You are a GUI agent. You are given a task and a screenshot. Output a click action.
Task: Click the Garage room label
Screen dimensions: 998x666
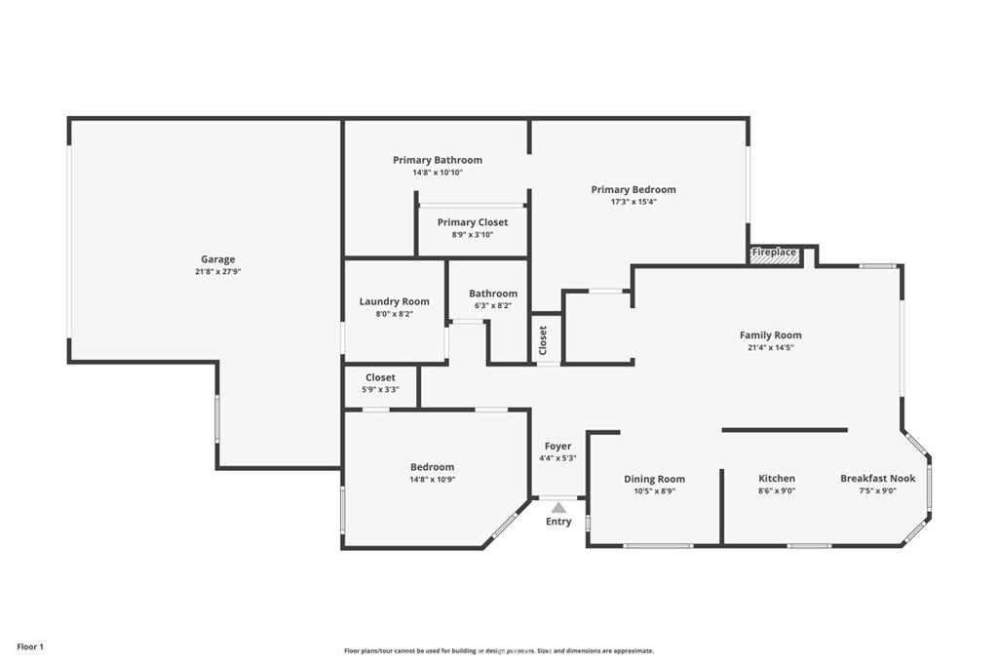217,259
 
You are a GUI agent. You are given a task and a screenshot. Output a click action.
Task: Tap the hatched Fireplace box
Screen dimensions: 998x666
774,253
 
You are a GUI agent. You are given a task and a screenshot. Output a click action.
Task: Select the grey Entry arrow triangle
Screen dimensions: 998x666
558,507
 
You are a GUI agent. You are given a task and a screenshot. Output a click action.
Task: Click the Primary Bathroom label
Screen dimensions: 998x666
438,160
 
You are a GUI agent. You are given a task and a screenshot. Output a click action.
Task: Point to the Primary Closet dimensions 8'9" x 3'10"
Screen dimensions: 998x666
473,234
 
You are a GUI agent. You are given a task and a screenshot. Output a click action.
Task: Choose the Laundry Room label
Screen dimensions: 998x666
394,302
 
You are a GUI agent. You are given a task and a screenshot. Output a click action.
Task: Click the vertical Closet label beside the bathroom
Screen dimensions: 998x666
543,340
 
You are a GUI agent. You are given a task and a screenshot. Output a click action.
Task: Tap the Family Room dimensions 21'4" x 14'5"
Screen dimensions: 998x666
770,348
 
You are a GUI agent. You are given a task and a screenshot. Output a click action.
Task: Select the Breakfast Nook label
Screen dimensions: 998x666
878,478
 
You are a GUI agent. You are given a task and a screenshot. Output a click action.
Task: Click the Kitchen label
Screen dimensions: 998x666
777,478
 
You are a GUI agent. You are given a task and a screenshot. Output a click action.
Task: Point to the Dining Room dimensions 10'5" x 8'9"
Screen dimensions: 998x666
654,490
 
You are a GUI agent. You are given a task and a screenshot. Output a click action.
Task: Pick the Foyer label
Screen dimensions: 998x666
557,447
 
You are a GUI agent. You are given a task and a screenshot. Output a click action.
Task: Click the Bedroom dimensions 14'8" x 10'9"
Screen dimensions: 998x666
432,480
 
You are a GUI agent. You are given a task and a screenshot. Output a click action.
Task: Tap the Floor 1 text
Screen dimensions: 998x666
30,646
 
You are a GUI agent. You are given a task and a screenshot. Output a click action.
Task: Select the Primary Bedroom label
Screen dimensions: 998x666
633,190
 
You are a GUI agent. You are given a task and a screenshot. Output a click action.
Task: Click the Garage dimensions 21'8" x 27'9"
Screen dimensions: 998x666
217,271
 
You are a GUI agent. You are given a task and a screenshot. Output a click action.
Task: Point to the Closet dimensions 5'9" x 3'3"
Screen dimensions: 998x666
381,390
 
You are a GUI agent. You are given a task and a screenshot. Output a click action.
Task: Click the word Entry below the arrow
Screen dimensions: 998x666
558,522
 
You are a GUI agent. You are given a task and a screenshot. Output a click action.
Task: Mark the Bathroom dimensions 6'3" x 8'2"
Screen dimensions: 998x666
492,305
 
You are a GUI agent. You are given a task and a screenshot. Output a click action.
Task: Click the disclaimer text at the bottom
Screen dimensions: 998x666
499,650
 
